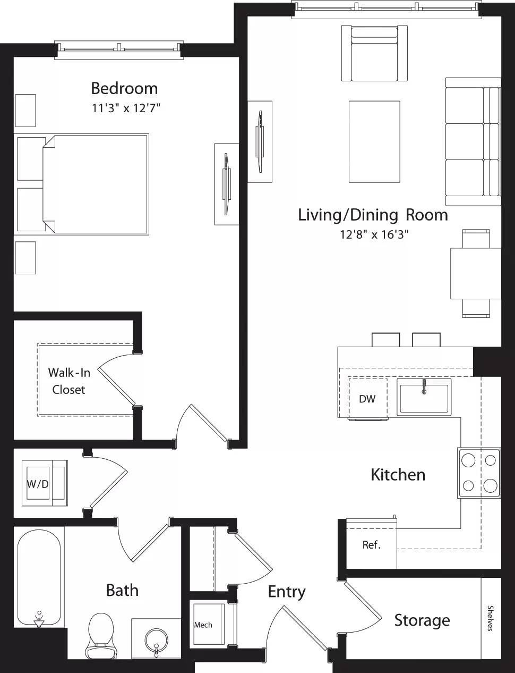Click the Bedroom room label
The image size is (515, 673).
[x=124, y=88]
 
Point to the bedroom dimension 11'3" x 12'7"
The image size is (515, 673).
[x=126, y=108]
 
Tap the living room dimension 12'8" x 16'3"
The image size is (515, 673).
[x=374, y=234]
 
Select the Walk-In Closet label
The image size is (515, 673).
[x=69, y=381]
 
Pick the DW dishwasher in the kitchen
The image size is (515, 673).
[x=367, y=399]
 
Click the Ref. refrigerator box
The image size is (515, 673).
[x=372, y=545]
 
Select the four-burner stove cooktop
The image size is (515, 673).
[x=479, y=473]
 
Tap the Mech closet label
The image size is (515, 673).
[x=203, y=625]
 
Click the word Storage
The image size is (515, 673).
[x=422, y=620]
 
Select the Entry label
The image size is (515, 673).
[x=286, y=592]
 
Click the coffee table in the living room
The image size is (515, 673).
[x=374, y=141]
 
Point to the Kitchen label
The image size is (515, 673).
[x=398, y=475]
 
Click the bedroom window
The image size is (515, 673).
[x=119, y=49]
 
